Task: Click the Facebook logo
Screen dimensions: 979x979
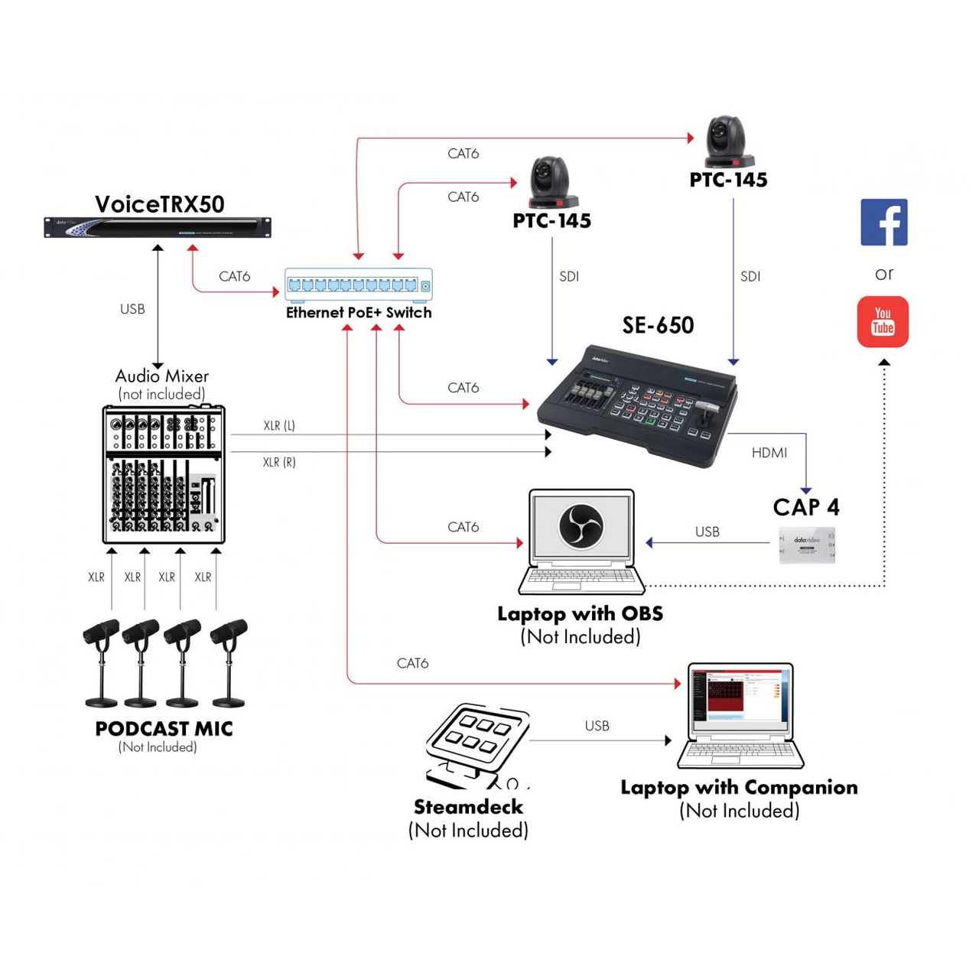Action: [x=883, y=222]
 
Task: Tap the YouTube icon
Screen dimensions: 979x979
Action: [x=883, y=322]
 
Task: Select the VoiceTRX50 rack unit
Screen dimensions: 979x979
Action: [x=158, y=227]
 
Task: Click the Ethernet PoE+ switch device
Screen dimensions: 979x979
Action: [x=358, y=285]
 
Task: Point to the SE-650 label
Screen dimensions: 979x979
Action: [x=658, y=326]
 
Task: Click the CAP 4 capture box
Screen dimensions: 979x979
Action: [x=807, y=545]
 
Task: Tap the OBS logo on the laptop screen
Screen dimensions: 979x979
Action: [x=581, y=525]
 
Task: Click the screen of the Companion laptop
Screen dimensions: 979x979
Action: [x=740, y=694]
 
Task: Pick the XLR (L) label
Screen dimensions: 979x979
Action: [x=279, y=426]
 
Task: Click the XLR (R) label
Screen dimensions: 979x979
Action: [x=279, y=462]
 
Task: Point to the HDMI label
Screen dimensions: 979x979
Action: [x=769, y=453]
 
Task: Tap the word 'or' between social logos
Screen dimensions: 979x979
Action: [x=884, y=274]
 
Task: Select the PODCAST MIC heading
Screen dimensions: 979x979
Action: [x=164, y=729]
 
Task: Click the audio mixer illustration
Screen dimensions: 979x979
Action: [x=164, y=474]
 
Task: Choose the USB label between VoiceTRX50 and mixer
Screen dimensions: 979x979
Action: [x=132, y=309]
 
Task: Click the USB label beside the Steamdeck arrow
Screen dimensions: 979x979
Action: [x=597, y=726]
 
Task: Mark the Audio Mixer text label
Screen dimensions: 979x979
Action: [x=161, y=376]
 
